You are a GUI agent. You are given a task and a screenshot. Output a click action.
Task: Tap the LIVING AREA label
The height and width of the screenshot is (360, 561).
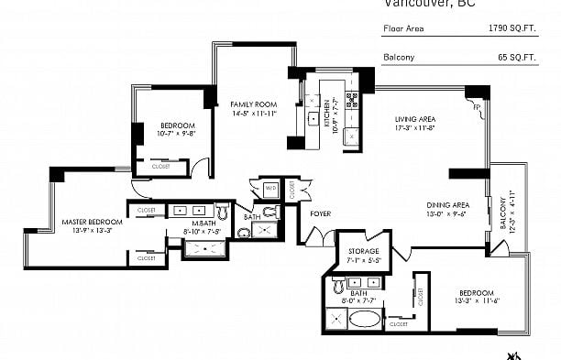pyautogui.click(x=414, y=119)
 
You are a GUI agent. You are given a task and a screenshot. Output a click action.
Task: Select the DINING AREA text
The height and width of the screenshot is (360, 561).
pyautogui.click(x=447, y=204)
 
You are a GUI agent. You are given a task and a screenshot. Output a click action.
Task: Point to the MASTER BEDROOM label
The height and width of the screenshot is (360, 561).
pyautogui.click(x=92, y=222)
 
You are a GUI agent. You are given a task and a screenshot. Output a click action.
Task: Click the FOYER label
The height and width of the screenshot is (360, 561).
pyautogui.click(x=320, y=213)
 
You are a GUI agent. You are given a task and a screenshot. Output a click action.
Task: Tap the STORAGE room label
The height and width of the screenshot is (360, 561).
pyautogui.click(x=363, y=251)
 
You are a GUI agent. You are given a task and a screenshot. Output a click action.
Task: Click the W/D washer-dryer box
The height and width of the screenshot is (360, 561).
pyautogui.click(x=270, y=189)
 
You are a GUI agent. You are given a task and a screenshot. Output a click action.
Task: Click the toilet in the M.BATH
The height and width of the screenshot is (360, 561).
pyautogui.click(x=220, y=210)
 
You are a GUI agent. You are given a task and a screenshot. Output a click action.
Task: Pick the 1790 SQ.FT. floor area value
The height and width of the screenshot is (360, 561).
pyautogui.click(x=513, y=28)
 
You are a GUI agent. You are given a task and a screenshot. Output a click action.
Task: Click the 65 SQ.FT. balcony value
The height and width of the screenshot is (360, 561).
pyautogui.click(x=516, y=57)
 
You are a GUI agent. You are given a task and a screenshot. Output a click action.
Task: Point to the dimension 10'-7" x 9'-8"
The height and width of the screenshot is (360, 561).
pyautogui.click(x=178, y=133)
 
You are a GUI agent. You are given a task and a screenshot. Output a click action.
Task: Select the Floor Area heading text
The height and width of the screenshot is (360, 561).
pyautogui.click(x=401, y=28)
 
